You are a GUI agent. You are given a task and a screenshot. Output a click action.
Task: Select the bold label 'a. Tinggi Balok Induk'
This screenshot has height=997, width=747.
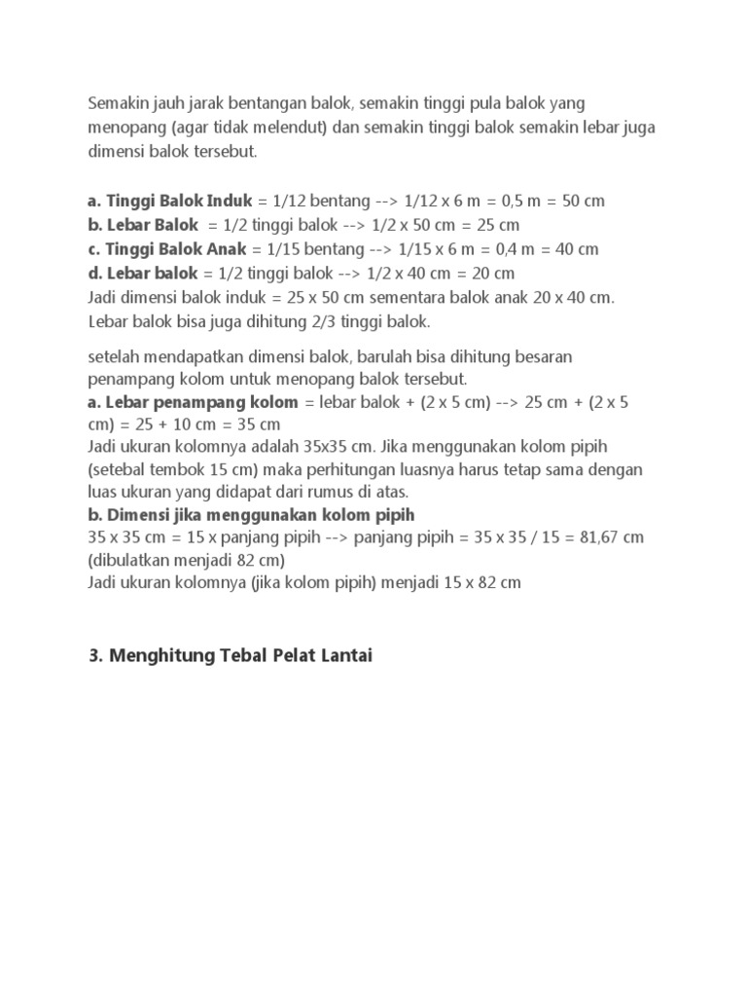169,201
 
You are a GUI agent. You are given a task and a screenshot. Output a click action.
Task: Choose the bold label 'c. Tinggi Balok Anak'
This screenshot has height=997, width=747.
167,248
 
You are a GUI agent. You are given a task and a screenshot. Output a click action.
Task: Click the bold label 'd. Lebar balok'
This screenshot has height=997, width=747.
143,273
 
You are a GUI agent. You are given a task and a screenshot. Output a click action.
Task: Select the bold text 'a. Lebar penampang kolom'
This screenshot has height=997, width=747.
193,402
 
